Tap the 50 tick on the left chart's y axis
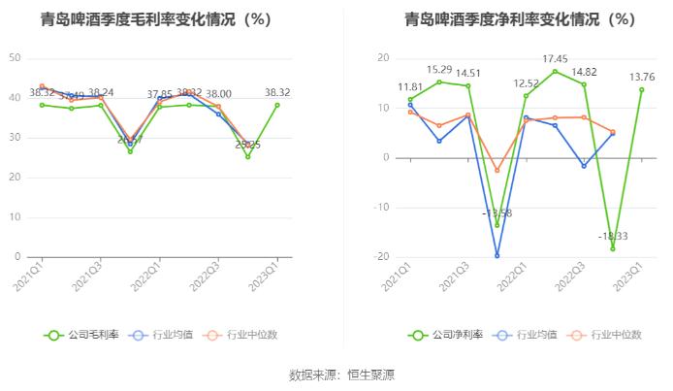tap(15, 58)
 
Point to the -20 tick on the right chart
tap(382, 257)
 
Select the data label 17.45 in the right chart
tap(556, 59)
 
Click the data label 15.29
tap(439, 69)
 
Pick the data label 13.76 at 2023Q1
tap(642, 77)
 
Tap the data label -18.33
tap(613, 236)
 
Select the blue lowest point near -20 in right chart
tap(497, 256)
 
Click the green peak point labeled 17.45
tap(556, 71)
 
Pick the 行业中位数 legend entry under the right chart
tap(608, 335)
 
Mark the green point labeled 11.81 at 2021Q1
tap(410, 99)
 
